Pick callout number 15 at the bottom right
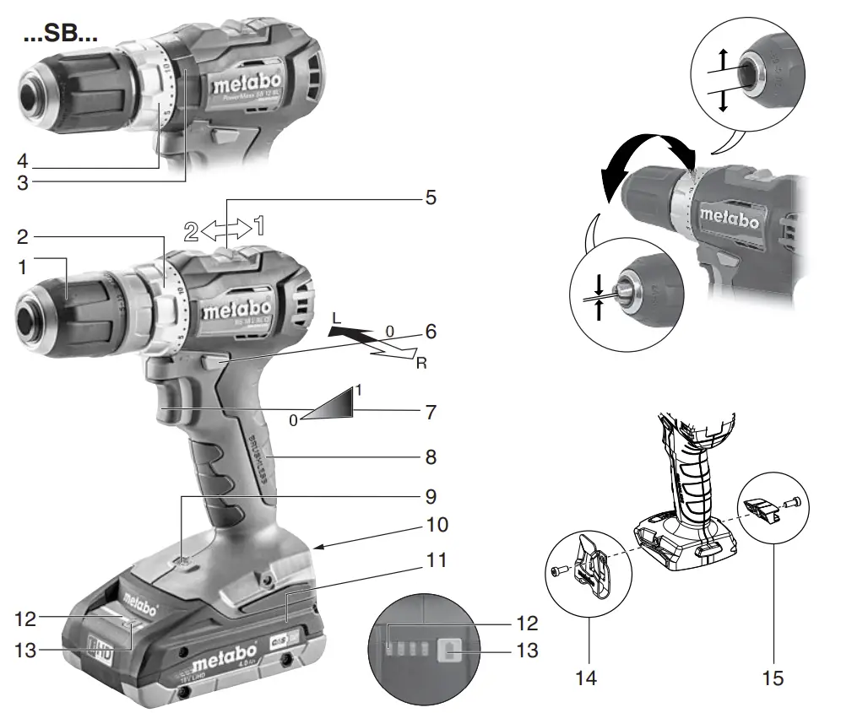coord(773,677)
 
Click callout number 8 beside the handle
coord(431,458)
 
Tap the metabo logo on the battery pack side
coord(217,655)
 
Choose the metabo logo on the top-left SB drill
coord(247,85)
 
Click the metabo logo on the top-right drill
coord(729,218)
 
